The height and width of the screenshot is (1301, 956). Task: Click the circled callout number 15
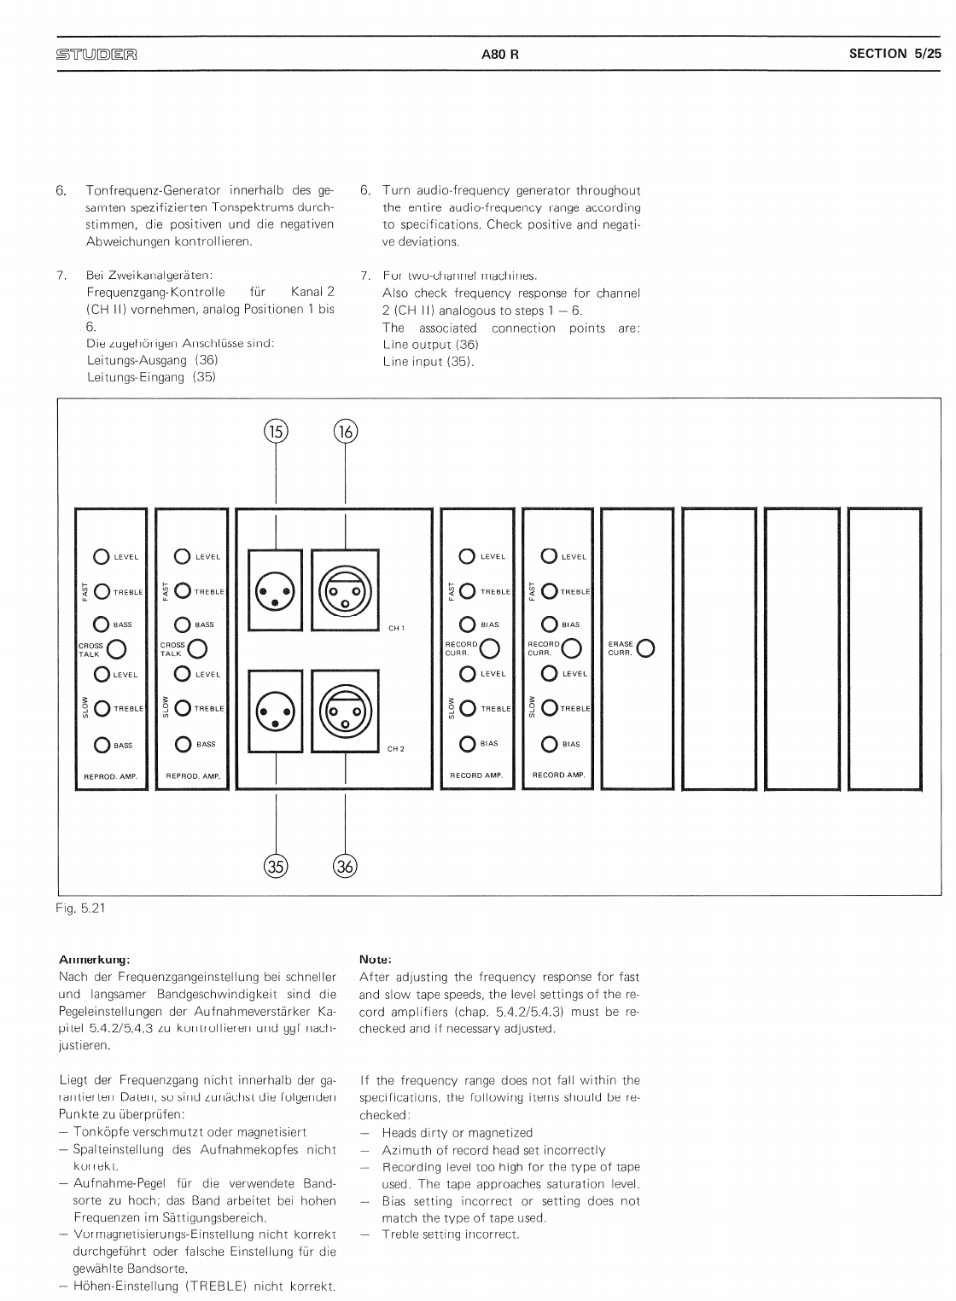tap(276, 432)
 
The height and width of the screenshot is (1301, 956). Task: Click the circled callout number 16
tap(345, 432)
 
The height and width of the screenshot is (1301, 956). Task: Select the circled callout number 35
tap(276, 866)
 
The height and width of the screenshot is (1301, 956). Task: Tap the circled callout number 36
tap(345, 866)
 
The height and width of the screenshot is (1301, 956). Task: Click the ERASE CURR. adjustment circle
tap(646, 649)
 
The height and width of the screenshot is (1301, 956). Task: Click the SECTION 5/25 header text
tap(895, 54)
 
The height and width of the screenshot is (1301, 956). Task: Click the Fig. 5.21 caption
tap(80, 909)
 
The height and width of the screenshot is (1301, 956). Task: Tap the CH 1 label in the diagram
tap(396, 629)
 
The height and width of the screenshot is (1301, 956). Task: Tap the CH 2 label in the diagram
tap(396, 749)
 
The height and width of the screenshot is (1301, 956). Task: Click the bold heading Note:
tap(376, 959)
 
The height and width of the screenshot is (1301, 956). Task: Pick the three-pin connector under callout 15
tap(276, 590)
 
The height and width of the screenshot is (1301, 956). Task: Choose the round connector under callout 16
tap(345, 590)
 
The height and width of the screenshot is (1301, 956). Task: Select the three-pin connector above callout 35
tap(276, 711)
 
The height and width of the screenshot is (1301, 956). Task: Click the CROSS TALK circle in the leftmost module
tap(117, 650)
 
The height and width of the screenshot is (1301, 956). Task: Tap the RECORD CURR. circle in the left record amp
tap(490, 650)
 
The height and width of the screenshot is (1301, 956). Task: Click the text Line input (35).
tap(428, 362)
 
